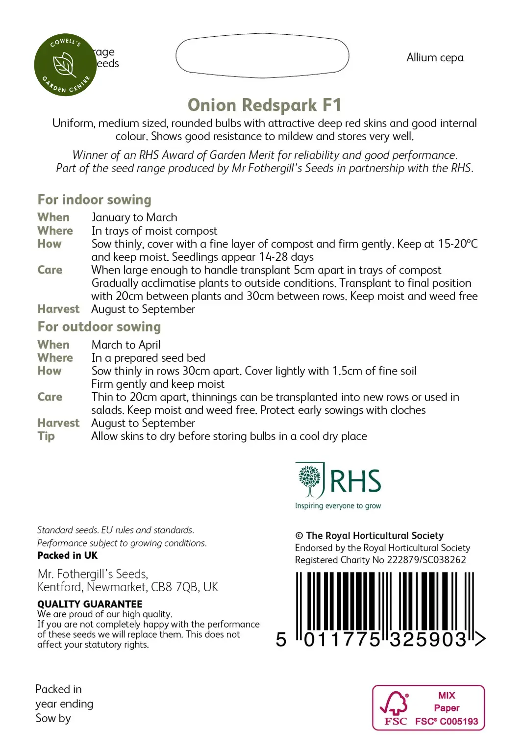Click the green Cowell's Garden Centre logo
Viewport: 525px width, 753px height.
65,65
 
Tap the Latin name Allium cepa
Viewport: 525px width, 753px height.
435,58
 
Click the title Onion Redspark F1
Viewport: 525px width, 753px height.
264,105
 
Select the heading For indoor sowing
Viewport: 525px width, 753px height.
94,200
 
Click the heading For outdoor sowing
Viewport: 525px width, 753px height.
99,327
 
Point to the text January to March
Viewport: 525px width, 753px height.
134,217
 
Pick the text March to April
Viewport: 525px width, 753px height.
126,345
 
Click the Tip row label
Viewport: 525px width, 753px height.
46,436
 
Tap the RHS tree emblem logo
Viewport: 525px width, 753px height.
310,480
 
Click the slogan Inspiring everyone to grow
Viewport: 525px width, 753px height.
338,506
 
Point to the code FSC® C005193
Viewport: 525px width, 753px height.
446,721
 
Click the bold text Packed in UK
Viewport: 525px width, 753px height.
67,555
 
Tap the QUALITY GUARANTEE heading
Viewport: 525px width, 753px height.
90,604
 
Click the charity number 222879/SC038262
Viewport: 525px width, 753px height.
426,560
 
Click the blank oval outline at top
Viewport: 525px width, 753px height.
262,56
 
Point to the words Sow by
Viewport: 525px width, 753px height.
53,719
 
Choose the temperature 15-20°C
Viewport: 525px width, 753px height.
458,244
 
